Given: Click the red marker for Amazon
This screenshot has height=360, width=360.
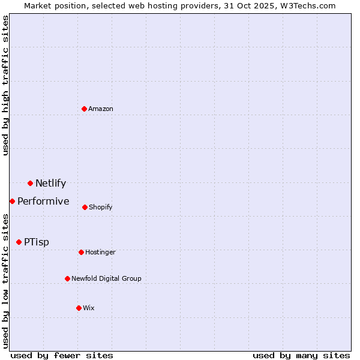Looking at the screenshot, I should (x=84, y=109).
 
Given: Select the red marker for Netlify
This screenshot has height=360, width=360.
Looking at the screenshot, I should (x=30, y=183).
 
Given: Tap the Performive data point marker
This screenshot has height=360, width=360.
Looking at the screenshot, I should (x=12, y=201).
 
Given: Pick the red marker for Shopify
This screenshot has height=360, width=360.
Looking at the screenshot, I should (x=85, y=207).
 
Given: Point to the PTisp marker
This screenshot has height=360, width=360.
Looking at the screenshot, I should (x=19, y=242).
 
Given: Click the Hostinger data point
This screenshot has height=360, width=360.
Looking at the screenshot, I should (x=81, y=252).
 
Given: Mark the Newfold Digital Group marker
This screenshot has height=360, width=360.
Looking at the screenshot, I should (x=67, y=278).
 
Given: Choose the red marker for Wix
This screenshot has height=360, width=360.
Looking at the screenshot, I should (x=79, y=308).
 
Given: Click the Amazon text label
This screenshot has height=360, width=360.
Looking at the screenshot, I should (x=101, y=109).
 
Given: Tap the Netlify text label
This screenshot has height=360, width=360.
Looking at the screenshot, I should (x=50, y=183).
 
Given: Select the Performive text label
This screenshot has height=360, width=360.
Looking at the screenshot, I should (x=43, y=201).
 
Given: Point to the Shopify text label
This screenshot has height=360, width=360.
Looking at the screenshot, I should (x=101, y=207).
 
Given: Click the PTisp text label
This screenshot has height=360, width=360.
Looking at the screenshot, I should (x=37, y=242).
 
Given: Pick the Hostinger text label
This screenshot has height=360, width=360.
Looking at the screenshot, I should (x=100, y=252).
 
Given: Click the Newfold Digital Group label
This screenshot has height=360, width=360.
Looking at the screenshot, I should (x=106, y=278).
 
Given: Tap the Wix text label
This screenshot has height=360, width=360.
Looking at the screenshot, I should (x=89, y=308).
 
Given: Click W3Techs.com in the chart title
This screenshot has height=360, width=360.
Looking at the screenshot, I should (x=310, y=5).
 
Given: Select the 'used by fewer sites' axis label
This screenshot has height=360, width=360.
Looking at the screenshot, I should (x=62, y=355).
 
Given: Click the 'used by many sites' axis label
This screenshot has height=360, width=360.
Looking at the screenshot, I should (x=301, y=355).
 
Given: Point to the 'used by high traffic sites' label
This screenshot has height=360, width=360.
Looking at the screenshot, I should (x=5, y=85).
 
